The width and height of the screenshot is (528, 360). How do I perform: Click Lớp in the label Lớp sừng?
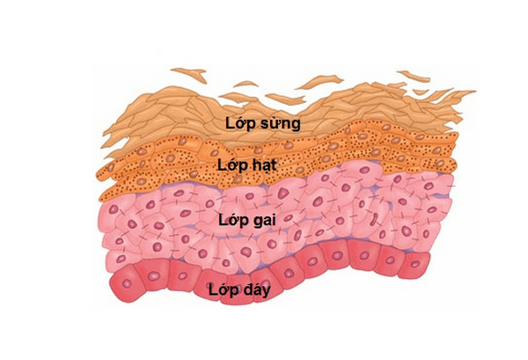(x=239, y=123)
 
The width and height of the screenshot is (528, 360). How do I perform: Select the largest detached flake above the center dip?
(x=320, y=81)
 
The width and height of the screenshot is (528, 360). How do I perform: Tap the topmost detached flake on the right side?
(x=414, y=76)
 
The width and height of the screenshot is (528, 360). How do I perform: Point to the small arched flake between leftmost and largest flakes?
(x=246, y=84)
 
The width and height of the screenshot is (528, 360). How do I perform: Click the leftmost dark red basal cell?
(x=128, y=283)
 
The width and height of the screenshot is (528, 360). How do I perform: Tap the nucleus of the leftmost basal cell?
(x=127, y=283)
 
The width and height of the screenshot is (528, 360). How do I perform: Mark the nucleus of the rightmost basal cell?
(x=415, y=264)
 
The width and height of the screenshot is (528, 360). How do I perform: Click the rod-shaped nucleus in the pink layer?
(x=375, y=219)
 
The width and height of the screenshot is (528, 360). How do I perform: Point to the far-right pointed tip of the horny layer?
(x=475, y=91)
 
